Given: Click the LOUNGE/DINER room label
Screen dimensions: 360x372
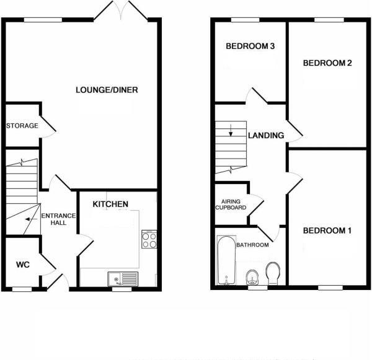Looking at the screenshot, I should coord(107,90).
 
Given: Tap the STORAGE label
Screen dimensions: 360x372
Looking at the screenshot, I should coord(22,126).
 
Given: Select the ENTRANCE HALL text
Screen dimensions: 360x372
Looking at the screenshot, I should coord(58,219).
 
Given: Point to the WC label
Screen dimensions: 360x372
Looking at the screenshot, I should coord(23,265).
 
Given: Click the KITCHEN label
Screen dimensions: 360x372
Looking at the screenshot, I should coord(110,204).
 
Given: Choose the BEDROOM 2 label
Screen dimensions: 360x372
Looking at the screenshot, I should coord(327,63).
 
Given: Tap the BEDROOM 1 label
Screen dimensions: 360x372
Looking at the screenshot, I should coord(327,231).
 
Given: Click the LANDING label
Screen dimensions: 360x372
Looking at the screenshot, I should coord(266,136).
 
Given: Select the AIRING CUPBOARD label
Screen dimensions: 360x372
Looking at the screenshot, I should coord(231,204).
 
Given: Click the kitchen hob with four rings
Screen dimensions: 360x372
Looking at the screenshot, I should coord(149,239).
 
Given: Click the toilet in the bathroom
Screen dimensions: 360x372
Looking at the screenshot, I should coord(273,272).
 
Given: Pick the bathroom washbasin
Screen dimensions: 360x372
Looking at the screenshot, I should coord(252,276).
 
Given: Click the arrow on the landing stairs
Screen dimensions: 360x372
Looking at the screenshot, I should coord(231,131).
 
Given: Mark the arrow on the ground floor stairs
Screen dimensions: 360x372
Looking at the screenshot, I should coord(28,218).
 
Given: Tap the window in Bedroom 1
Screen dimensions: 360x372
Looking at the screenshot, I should coord(330,286).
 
